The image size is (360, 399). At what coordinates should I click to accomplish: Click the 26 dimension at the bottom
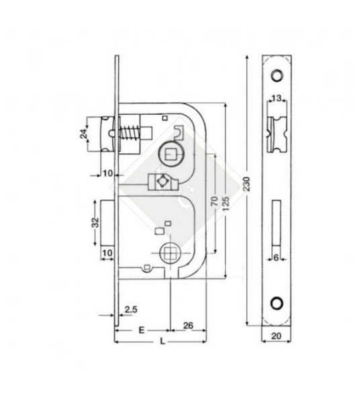pyautogui.click(x=189, y=327)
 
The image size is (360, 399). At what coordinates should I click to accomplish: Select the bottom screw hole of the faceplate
pyautogui.click(x=277, y=303)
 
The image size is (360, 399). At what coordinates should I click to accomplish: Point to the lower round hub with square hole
pyautogui.click(x=171, y=254)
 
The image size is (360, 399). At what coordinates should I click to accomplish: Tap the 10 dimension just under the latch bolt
pyautogui.click(x=107, y=173)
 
